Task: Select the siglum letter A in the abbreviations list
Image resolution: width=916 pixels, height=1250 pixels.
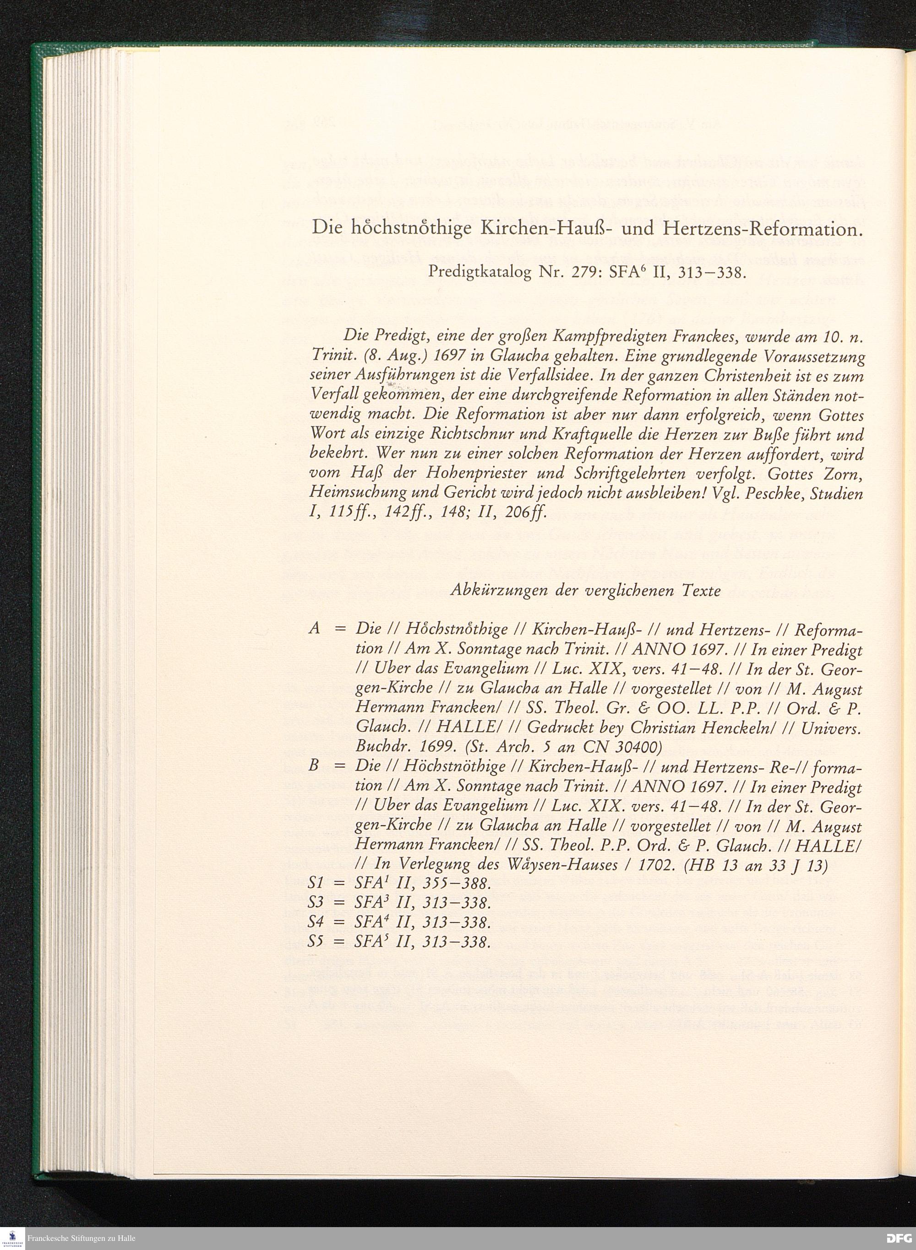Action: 315,629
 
